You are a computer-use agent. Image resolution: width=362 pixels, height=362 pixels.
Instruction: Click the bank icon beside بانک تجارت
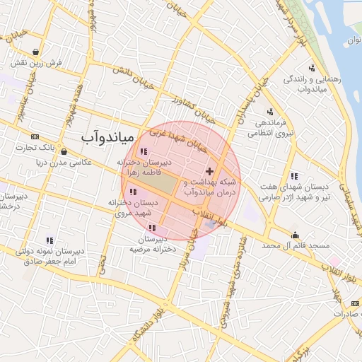point(35,136)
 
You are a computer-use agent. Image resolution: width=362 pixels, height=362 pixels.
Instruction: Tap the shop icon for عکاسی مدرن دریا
point(64,151)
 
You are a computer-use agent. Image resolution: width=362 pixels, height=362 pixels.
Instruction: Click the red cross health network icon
point(209,172)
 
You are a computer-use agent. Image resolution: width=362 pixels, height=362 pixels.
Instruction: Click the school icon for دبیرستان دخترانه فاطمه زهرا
point(144,151)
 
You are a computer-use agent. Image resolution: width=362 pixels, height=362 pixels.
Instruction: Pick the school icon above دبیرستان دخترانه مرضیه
point(152,228)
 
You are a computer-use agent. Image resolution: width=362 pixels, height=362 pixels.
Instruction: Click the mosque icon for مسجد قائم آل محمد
point(295,235)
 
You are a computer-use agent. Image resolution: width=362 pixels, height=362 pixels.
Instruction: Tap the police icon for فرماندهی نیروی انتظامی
point(269,111)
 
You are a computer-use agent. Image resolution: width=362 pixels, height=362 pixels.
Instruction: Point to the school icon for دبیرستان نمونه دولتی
point(49,240)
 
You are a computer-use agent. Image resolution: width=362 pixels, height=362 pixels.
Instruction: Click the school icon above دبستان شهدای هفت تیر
point(294,176)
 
